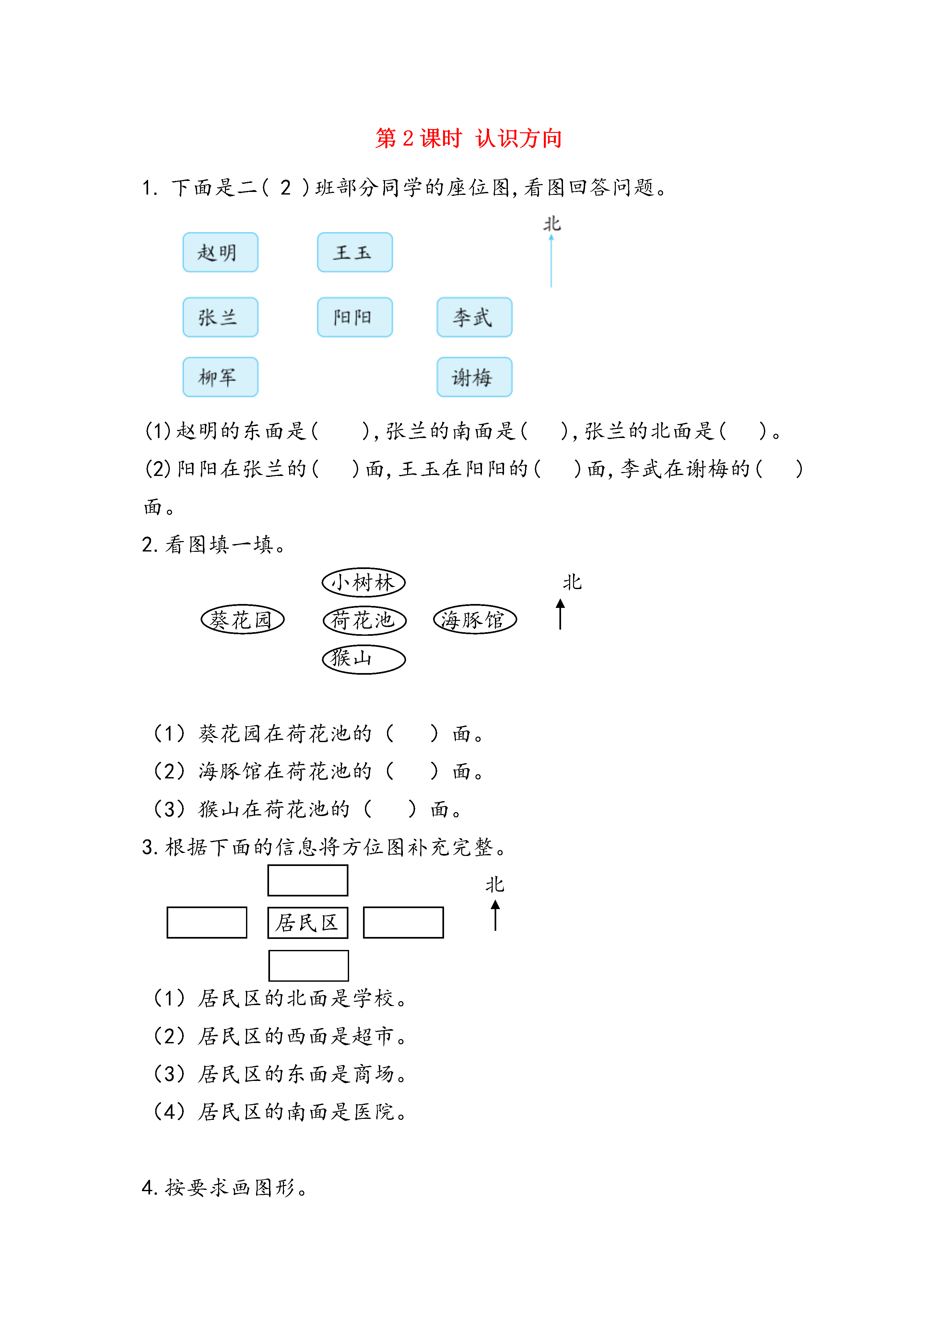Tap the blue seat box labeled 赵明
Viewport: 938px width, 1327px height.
tap(220, 252)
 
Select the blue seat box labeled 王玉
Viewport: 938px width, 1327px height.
tap(355, 252)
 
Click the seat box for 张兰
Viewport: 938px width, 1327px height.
tap(220, 317)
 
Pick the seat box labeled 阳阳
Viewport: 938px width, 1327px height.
tap(355, 317)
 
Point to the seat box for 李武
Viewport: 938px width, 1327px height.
tap(475, 317)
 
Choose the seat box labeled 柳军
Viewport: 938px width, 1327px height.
tap(220, 377)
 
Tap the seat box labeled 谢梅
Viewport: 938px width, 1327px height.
tap(475, 377)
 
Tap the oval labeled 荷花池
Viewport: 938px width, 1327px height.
tap(365, 620)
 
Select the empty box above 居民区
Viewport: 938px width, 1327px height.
tap(308, 880)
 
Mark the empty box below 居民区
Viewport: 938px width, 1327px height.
tap(309, 965)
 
